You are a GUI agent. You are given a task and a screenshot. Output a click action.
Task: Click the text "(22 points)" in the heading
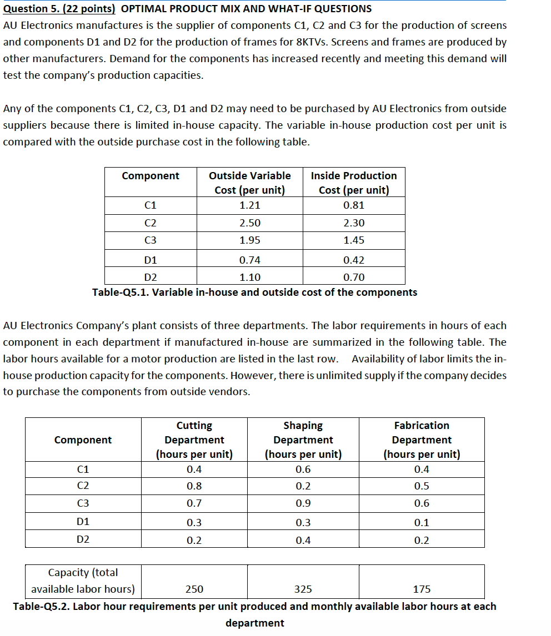[x=90, y=8]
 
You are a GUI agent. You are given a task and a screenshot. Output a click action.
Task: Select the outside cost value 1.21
[x=249, y=205]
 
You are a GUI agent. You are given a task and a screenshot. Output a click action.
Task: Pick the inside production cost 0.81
[x=354, y=205]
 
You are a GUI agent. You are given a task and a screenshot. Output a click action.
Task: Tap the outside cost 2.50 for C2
[x=249, y=223]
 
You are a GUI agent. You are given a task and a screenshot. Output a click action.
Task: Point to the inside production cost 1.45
[x=354, y=240]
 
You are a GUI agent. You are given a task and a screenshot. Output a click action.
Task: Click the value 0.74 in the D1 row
[x=249, y=260]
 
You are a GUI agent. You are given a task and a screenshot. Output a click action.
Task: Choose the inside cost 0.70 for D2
[x=354, y=277]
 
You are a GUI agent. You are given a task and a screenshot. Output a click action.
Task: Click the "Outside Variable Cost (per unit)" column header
[x=249, y=183]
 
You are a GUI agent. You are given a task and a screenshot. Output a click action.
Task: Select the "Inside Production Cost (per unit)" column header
[x=354, y=183]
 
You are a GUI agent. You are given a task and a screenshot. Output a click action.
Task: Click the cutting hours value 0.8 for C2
[x=194, y=486]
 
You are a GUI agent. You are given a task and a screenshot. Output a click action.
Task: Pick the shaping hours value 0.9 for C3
[x=303, y=503]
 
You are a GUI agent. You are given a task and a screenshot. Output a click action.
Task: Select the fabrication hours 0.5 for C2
[x=422, y=486]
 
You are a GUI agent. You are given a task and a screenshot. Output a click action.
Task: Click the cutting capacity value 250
[x=194, y=589]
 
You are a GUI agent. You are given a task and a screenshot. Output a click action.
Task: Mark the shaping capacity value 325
[x=303, y=589]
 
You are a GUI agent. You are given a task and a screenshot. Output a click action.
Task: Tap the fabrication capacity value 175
[x=422, y=589]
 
